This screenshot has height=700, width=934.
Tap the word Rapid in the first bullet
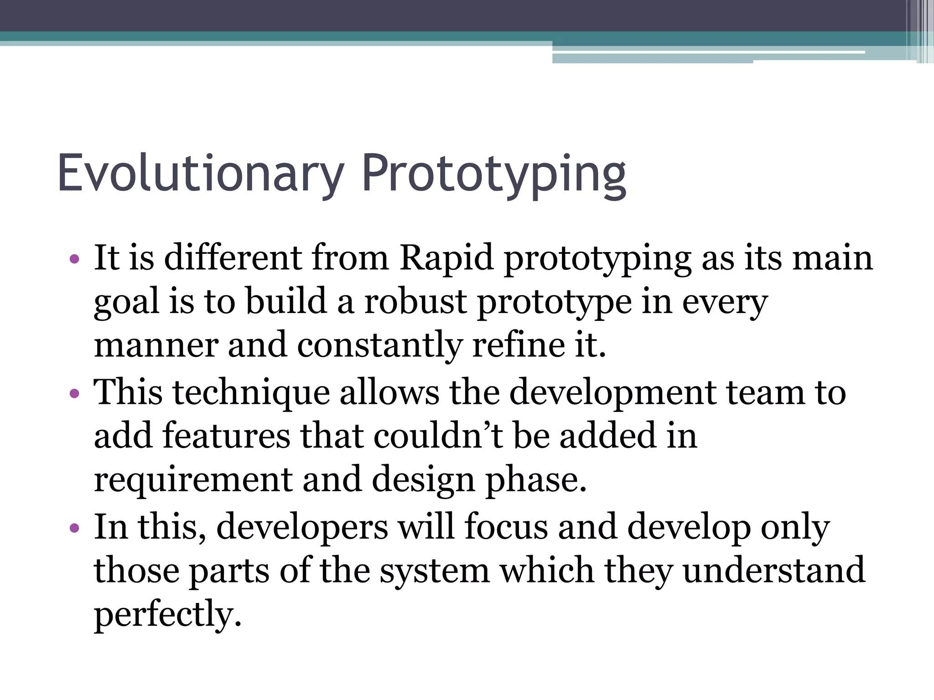pos(447,258)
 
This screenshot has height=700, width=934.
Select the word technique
pos(251,392)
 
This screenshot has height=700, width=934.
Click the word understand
pos(774,571)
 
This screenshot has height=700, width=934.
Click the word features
pos(226,436)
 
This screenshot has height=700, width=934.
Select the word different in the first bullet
pos(233,258)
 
